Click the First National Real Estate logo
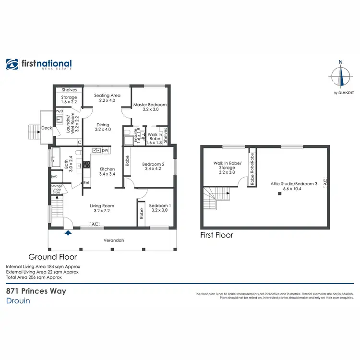[x=39, y=64]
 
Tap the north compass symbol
[x=341, y=77]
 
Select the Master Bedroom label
[x=150, y=107]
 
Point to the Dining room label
[x=103, y=127]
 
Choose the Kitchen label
[x=107, y=171]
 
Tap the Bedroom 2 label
[x=153, y=167]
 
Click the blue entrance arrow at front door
[x=68, y=233]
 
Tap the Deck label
[x=47, y=128]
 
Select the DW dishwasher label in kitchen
[x=105, y=151]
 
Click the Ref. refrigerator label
[x=86, y=183]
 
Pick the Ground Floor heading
[x=52, y=257]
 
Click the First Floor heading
[x=216, y=235]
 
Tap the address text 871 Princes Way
[x=36, y=291]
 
